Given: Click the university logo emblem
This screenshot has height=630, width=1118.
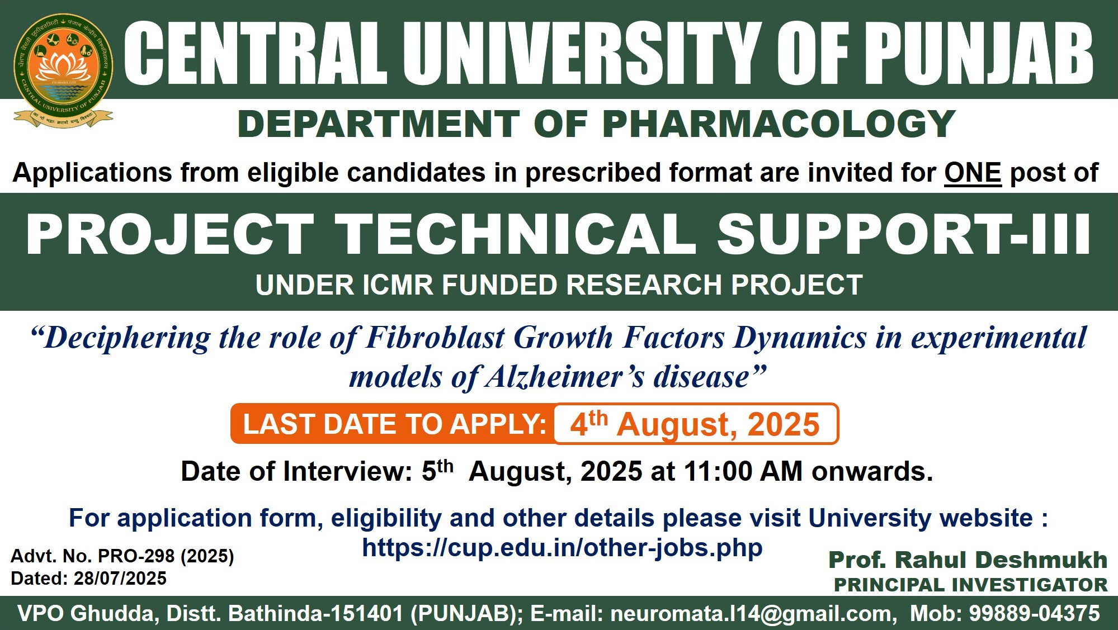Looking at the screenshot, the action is click(63, 70).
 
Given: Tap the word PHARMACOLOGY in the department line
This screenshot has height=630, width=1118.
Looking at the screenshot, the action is click(779, 124).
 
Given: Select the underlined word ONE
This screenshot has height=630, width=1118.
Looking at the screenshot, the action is click(973, 173).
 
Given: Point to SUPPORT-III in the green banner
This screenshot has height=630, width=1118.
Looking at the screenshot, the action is click(904, 234).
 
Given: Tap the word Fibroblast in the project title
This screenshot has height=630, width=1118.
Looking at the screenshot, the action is click(435, 338).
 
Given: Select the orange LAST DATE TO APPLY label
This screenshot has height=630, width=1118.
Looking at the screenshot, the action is click(395, 424).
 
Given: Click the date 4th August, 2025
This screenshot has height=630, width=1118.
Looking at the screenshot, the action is click(695, 424).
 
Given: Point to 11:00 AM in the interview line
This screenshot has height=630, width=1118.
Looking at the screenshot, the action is click(743, 471).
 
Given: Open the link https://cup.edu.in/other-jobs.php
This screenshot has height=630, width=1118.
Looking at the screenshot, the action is click(562, 548).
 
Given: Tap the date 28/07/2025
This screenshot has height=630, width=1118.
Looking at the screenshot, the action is click(120, 579).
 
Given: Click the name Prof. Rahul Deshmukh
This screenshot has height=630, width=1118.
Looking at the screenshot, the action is click(968, 560).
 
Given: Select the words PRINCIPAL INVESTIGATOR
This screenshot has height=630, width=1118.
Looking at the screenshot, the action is click(970, 585).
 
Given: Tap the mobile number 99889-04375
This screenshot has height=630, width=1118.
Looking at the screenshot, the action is click(1034, 613).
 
